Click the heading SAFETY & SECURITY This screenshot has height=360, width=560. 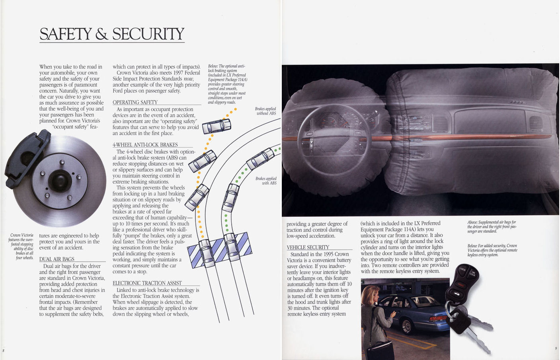112,34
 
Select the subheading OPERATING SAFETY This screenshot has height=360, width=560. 135,102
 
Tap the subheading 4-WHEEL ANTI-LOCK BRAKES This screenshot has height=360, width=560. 145,145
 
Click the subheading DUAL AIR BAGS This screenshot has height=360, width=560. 57,259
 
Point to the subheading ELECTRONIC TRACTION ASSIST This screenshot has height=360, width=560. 147,283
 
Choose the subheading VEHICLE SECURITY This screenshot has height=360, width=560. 308,247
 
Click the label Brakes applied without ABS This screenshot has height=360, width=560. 265,111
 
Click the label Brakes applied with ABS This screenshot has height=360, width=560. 266,181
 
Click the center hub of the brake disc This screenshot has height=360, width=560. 60,181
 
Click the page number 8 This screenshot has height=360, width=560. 3,350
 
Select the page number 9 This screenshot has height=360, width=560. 556,348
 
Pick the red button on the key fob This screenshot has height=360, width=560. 461,284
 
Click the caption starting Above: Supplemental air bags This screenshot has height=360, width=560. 492,226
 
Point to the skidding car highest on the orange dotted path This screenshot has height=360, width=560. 217,126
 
